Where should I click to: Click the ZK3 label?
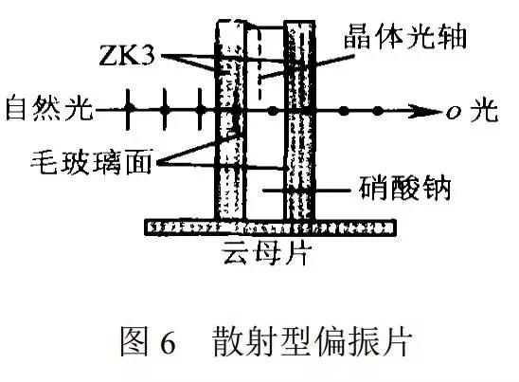127,54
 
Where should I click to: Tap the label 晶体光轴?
405,36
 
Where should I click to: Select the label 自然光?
49,107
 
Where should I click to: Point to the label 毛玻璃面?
91,162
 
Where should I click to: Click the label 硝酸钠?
405,188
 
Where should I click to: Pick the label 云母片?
267,252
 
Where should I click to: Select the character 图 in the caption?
134,341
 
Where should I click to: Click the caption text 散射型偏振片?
313,341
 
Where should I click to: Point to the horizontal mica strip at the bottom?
271,227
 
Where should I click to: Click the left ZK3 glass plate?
231,120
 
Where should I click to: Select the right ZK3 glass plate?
300,120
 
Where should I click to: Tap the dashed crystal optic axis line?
259,64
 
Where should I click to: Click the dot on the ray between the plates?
273,111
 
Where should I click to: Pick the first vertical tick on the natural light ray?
129,109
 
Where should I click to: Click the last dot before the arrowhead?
378,111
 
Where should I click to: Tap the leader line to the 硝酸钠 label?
307,191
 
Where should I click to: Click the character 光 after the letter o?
484,111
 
